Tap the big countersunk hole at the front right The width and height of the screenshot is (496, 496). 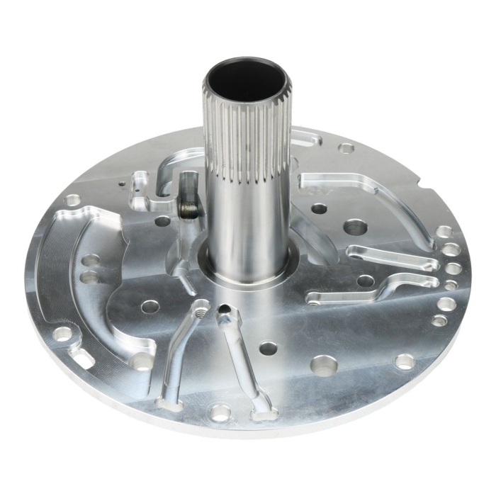(323, 366)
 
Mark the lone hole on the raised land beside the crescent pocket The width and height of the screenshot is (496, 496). (150, 307)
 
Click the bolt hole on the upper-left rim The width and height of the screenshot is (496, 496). (73, 201)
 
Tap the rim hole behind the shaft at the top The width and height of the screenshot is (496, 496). (346, 148)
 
